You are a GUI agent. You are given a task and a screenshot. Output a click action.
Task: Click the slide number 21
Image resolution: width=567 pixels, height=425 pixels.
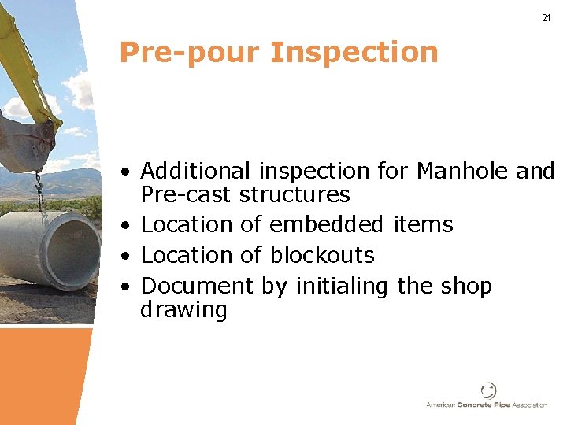pyautogui.click(x=546, y=18)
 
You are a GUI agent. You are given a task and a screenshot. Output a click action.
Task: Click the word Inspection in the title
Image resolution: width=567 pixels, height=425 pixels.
pyautogui.click(x=354, y=53)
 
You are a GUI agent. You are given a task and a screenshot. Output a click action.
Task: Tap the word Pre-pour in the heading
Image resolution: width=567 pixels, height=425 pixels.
pyautogui.click(x=189, y=53)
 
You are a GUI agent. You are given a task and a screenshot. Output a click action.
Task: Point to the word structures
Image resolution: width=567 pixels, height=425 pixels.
pyautogui.click(x=294, y=194)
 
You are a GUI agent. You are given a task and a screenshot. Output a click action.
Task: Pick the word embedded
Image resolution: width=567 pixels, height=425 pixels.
pyautogui.click(x=326, y=224)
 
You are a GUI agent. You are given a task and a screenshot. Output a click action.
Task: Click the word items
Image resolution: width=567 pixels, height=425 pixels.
pyautogui.click(x=424, y=224)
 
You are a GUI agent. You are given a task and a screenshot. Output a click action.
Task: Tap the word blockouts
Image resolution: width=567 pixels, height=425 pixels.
pyautogui.click(x=322, y=255)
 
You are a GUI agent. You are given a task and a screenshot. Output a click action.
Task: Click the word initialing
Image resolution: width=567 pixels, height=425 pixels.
pyautogui.click(x=342, y=286)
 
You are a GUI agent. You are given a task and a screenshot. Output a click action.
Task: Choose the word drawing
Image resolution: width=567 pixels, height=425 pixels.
pyautogui.click(x=183, y=310)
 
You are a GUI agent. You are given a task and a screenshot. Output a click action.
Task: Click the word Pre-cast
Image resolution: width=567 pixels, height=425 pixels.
pyautogui.click(x=186, y=194)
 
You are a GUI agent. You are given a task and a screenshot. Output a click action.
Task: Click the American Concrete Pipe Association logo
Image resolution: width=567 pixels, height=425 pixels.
pyautogui.click(x=487, y=396)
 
